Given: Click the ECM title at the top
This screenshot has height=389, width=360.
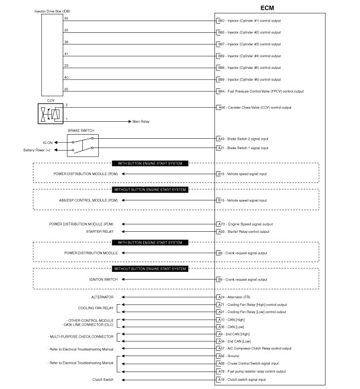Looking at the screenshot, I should (271, 8).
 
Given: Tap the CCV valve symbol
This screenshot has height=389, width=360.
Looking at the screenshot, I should (51, 113).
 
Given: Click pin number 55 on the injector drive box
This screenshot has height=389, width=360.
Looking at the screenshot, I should (66, 18).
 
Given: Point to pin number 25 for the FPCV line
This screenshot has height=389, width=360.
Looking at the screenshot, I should (66, 89).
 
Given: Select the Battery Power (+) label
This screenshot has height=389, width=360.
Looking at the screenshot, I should (37, 150).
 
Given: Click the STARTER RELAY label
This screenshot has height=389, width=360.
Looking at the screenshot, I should (100, 231).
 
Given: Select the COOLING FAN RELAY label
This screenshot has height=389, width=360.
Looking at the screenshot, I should (96, 308).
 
